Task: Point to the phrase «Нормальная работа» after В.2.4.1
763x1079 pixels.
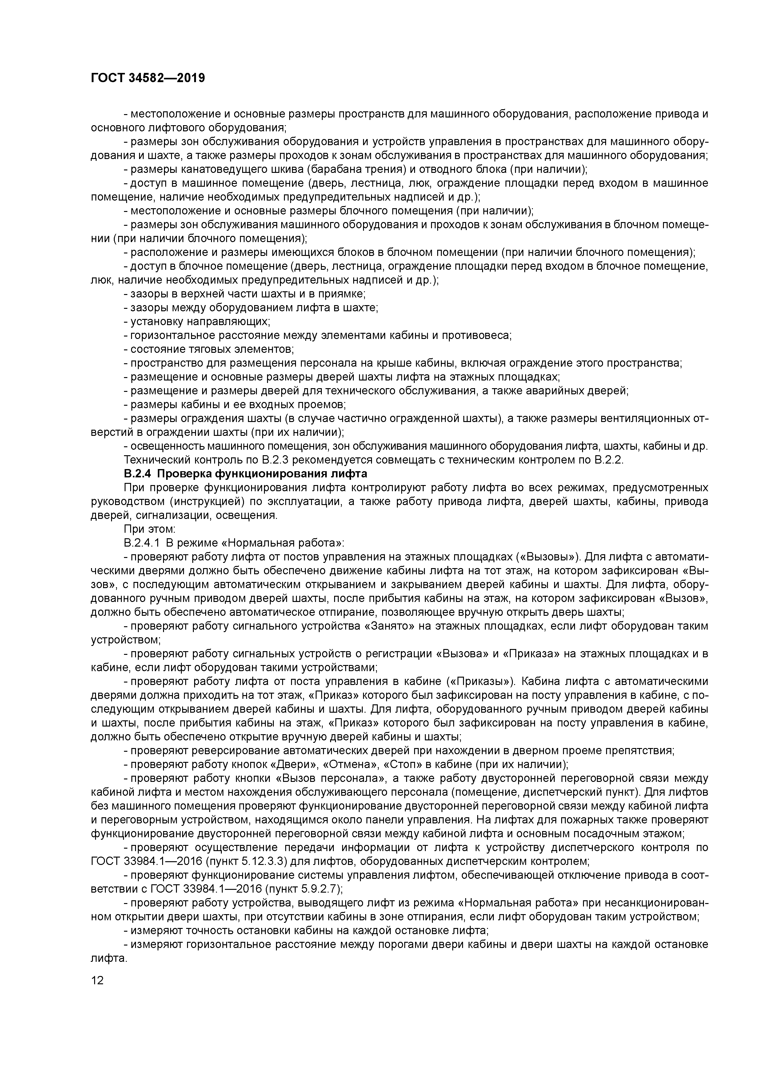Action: coord(281,543)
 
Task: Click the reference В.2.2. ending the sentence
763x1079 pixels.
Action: coord(609,460)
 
